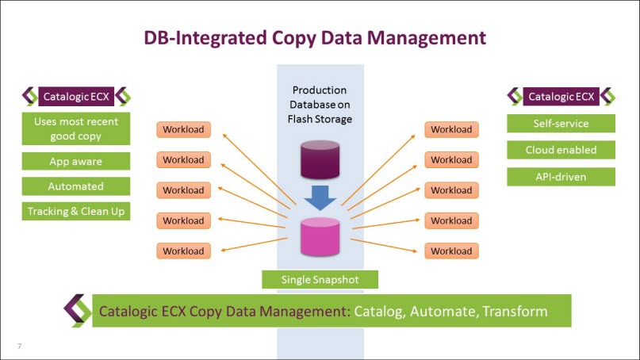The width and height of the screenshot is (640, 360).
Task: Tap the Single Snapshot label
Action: [x=319, y=279]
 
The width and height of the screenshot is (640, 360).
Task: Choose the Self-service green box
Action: [x=561, y=124]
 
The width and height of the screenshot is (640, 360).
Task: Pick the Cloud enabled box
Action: [x=561, y=150]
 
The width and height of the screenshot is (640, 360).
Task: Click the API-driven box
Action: [x=561, y=176]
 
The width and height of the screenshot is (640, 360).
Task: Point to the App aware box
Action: [x=76, y=161]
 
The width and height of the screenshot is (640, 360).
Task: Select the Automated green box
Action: [x=76, y=186]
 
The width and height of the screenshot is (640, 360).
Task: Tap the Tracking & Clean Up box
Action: [x=76, y=212]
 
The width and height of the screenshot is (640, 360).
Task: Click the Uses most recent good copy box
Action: [x=76, y=129]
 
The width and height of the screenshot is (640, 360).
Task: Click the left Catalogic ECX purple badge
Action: [x=76, y=97]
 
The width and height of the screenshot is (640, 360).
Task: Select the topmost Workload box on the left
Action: [x=183, y=129]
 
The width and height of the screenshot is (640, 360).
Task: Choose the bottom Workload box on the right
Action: [x=450, y=251]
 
